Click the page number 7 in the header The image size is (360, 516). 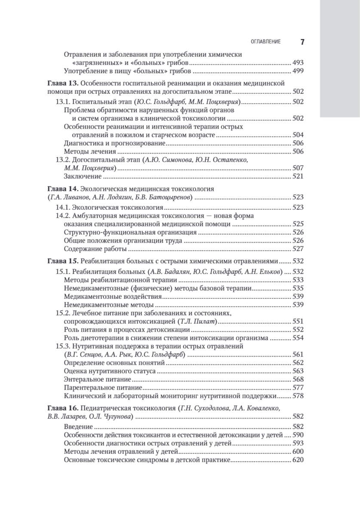[302, 42]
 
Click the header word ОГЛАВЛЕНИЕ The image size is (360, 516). [265, 42]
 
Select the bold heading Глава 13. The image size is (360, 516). [62, 83]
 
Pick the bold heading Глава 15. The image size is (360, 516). [62, 261]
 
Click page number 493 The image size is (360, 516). [298, 62]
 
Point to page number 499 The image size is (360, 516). [298, 71]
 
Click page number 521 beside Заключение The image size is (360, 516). [298, 176]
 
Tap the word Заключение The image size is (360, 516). [83, 176]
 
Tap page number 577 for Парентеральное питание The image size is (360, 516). [298, 387]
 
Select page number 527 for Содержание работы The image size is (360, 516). [298, 249]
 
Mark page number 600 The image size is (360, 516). [298, 452]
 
